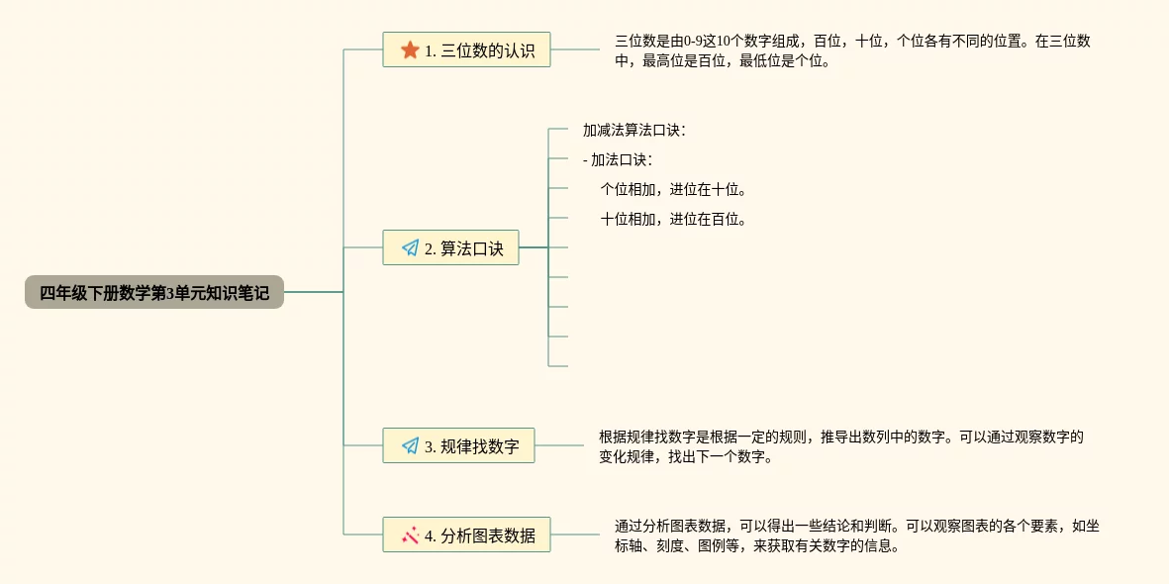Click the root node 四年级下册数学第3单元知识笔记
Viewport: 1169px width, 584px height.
[x=154, y=292]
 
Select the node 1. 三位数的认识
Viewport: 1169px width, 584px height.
[x=466, y=49]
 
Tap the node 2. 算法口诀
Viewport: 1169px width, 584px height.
[x=450, y=247]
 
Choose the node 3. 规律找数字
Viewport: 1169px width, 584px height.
[x=458, y=445]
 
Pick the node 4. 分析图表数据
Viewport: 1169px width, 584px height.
[x=466, y=535]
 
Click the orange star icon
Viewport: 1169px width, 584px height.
[x=410, y=49]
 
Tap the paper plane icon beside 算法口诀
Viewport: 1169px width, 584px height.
[x=410, y=247]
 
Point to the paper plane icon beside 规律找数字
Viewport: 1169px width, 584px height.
[x=410, y=445]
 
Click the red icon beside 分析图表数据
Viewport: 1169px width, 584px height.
[x=410, y=535]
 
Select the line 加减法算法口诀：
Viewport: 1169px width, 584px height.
[x=633, y=130]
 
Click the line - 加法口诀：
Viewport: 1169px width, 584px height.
[x=618, y=159]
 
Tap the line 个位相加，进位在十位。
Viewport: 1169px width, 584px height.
[x=673, y=189]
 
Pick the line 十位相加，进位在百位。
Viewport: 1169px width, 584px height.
[x=673, y=219]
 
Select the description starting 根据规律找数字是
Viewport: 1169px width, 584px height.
[x=841, y=446]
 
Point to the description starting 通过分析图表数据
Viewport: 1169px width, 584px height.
[x=856, y=535]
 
